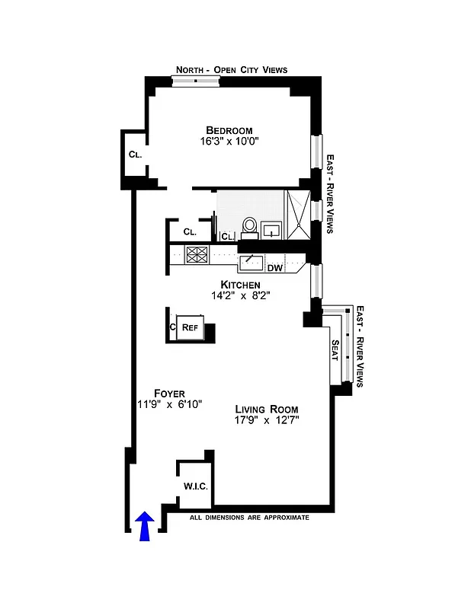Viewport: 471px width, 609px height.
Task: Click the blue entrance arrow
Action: click(145, 525)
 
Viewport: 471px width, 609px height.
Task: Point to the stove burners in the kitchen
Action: click(197, 255)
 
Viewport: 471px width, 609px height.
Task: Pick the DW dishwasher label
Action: click(275, 267)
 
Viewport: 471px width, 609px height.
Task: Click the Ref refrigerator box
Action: click(190, 327)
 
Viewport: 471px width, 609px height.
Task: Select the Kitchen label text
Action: click(242, 284)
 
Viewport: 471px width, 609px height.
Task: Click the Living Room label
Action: click(266, 409)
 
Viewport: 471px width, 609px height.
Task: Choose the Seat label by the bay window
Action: click(335, 352)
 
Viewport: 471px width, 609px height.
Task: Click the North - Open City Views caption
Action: click(232, 70)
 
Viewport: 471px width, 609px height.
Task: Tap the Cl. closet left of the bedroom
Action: click(135, 154)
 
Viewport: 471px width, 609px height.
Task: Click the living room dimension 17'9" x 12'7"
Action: click(266, 420)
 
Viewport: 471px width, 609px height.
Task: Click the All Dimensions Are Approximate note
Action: click(249, 518)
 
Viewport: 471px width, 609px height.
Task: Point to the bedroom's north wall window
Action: click(196, 81)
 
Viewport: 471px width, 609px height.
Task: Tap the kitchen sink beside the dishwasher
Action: click(252, 263)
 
